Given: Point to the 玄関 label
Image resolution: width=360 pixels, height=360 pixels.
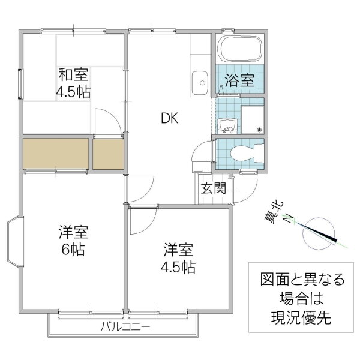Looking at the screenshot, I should pyautogui.click(x=213, y=189).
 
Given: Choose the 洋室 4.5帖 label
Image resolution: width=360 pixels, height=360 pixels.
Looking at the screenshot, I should pyautogui.click(x=178, y=258).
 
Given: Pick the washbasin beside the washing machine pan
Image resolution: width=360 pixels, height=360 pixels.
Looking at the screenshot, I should pyautogui.click(x=227, y=125).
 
